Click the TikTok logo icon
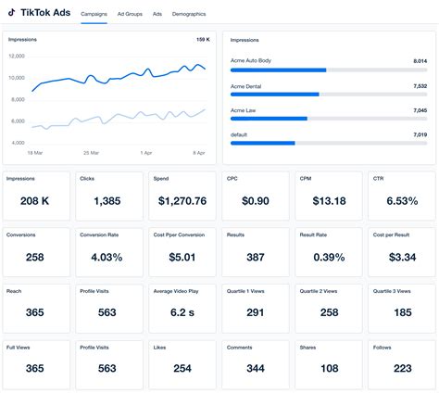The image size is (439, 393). [x=12, y=14]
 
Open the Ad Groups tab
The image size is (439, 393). [x=130, y=15]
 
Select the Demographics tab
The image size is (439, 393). [x=189, y=15]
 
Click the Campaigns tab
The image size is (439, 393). [x=94, y=15]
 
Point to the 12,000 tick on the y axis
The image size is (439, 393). [x=17, y=56]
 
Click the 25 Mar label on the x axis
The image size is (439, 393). [x=91, y=152]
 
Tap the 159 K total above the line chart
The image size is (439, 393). [x=203, y=40]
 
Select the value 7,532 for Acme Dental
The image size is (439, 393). [x=420, y=85]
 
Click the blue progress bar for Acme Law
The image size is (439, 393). [x=269, y=119]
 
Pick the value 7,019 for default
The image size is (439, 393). [x=420, y=134]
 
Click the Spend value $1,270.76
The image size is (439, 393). [x=182, y=201]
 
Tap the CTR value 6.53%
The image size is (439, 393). [x=401, y=201]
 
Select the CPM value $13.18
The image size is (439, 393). [x=329, y=201]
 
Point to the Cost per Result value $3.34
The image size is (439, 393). [x=401, y=258]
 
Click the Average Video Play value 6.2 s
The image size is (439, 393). [x=182, y=313]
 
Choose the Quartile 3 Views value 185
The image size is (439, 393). [x=401, y=313]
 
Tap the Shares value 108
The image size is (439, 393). [x=329, y=369]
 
